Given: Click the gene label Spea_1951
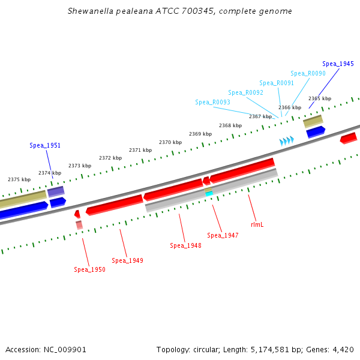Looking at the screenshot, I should pyautogui.click(x=45, y=146).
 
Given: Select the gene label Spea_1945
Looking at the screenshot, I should pyautogui.click(x=338, y=64).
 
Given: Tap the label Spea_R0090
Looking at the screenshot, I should pyautogui.click(x=308, y=73).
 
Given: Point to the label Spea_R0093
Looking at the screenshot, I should pyautogui.click(x=212, y=103).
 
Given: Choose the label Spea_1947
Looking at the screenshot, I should pyautogui.click(x=223, y=235).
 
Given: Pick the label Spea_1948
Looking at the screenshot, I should pyautogui.click(x=185, y=245).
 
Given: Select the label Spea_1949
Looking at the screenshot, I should pyautogui.click(x=127, y=260).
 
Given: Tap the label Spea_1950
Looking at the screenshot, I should pyautogui.click(x=89, y=270).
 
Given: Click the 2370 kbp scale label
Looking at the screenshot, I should pyautogui.click(x=170, y=142).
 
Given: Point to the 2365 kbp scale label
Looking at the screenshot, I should pyautogui.click(x=319, y=98).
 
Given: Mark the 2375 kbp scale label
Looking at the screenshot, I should pyautogui.click(x=19, y=179).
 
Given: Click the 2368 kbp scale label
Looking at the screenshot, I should pyautogui.click(x=230, y=125).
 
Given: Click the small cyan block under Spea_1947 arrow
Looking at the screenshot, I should pyautogui.click(x=209, y=194).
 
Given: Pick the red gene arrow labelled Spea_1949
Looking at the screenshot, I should pyautogui.click(x=114, y=204).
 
